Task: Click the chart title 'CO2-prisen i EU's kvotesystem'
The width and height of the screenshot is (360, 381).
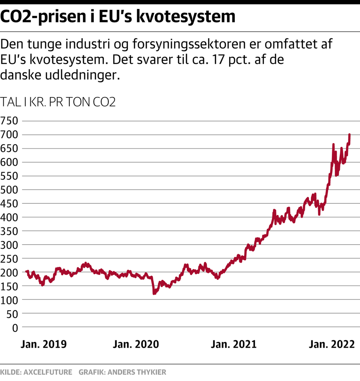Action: click(118, 17)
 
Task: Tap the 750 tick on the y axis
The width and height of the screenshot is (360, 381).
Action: click(9, 121)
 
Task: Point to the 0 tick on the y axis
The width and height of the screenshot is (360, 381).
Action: click(15, 327)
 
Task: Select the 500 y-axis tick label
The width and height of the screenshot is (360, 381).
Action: click(9, 190)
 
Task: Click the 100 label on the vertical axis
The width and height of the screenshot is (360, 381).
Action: click(9, 300)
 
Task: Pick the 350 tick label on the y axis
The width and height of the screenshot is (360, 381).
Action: click(9, 231)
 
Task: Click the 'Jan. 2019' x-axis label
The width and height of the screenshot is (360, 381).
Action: click(43, 344)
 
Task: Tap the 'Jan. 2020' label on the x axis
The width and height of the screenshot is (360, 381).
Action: click(136, 344)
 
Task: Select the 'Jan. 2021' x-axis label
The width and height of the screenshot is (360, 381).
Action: click(234, 344)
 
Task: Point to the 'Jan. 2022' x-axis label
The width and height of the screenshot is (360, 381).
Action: click(331, 344)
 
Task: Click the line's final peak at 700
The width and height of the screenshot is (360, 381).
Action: click(349, 134)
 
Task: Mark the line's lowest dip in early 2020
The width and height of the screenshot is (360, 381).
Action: click(154, 293)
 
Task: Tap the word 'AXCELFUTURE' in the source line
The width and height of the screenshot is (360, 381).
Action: click(48, 372)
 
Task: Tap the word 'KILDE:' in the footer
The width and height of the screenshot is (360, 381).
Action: click(11, 372)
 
